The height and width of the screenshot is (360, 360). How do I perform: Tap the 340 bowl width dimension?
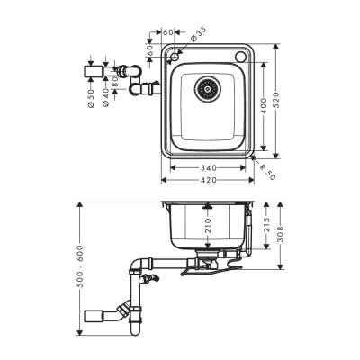point(210,167)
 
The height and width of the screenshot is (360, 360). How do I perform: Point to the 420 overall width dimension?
point(210,179)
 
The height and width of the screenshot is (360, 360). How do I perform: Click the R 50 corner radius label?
point(267,170)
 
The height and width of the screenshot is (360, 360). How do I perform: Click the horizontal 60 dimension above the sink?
point(166,32)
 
